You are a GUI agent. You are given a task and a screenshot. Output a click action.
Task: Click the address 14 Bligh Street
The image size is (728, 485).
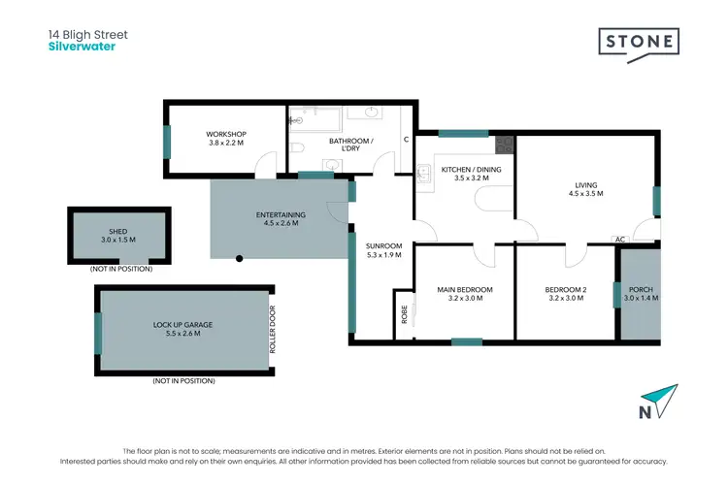click(88, 35)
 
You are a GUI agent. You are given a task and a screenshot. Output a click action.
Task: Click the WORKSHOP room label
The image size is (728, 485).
click(226, 134)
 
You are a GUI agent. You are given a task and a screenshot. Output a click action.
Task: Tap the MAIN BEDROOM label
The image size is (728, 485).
click(465, 289)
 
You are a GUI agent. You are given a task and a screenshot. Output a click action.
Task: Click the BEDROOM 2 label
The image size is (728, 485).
click(565, 289)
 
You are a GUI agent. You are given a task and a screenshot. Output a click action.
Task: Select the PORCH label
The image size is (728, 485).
click(641, 289)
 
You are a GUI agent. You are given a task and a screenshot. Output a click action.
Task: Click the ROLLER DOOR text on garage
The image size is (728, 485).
click(273, 331)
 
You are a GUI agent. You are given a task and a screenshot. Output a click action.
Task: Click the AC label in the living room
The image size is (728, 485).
click(618, 239)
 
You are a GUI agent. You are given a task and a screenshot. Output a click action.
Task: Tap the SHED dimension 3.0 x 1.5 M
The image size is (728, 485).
click(118, 240)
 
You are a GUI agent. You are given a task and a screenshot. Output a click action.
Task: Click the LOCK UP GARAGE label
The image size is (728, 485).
click(182, 324)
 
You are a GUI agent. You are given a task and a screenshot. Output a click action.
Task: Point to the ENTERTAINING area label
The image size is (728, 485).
click(281, 214)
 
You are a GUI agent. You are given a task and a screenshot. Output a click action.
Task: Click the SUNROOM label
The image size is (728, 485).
click(383, 246)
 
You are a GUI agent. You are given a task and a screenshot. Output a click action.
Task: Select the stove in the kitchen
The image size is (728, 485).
click(503, 145)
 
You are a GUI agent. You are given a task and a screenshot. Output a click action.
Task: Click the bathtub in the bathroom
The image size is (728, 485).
click(315, 121)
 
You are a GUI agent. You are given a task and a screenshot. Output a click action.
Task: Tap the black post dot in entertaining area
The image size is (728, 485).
click(240, 258)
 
